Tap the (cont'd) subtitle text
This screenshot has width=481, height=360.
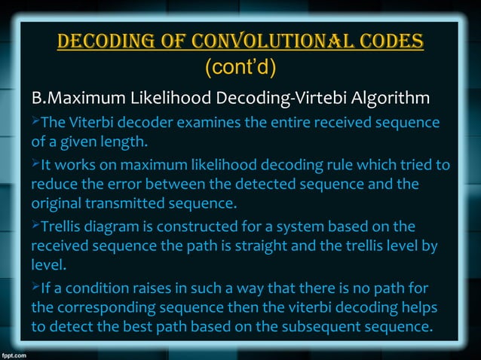tap(240, 69)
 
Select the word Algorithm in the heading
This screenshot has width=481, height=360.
tap(378, 99)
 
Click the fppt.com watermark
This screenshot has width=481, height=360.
tap(17, 352)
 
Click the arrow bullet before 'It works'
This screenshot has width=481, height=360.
tap(35, 164)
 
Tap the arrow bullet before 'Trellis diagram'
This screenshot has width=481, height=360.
tap(35, 225)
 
